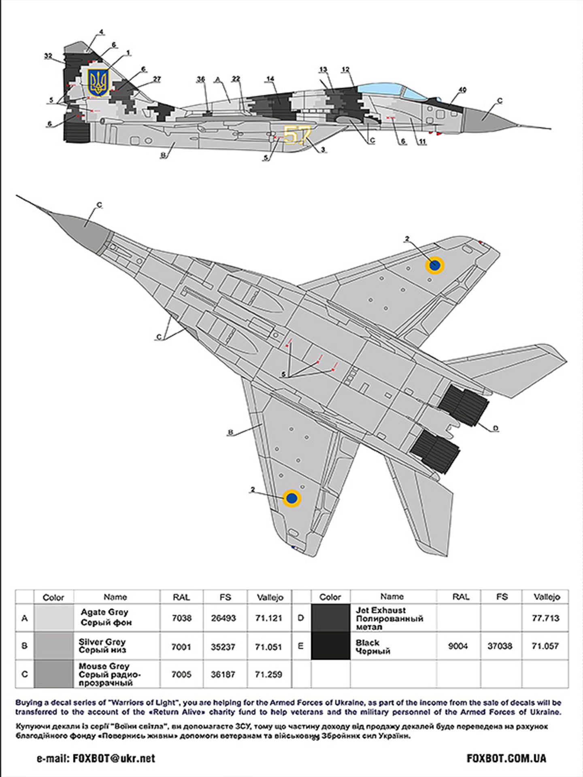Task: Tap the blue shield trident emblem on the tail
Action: tap(98, 83)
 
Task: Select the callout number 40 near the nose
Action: tap(462, 90)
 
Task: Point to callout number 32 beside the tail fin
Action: tap(48, 56)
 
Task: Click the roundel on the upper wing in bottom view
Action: tap(434, 265)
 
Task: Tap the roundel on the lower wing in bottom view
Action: tap(291, 498)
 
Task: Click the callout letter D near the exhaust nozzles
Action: tap(496, 429)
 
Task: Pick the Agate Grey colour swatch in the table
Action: tap(54, 618)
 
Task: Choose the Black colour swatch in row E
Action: tap(330, 646)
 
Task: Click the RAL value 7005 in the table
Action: tap(181, 674)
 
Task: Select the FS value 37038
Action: tap(500, 646)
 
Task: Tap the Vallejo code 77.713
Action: tap(545, 618)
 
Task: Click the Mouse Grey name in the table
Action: tap(104, 666)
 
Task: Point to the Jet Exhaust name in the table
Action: tap(381, 610)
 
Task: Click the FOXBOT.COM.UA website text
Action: tap(506, 758)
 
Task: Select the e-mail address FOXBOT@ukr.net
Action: tap(114, 758)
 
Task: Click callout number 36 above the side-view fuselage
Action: tap(201, 79)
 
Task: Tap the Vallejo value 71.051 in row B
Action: tap(268, 647)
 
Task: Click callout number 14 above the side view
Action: tap(270, 79)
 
